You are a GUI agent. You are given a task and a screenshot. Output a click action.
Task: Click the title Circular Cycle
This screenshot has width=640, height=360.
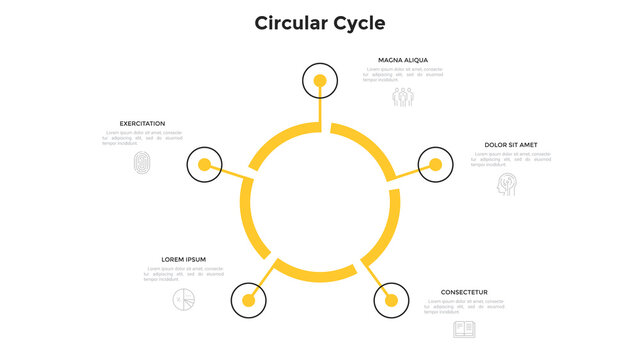point(319,22)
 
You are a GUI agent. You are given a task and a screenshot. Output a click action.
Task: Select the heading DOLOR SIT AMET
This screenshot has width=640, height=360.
point(511,145)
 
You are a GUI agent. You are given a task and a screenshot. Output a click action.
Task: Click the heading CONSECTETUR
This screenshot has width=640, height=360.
point(464,293)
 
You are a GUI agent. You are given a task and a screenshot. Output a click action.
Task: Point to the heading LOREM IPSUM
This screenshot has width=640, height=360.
point(183,259)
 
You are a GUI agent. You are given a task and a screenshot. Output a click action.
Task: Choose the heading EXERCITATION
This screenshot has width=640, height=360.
point(142,124)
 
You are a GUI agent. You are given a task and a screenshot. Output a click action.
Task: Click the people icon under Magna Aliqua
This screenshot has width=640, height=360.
point(402,97)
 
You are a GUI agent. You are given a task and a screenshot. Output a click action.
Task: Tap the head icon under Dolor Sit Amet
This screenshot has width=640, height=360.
point(509,185)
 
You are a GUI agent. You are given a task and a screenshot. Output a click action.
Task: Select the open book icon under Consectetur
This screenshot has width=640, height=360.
point(463,328)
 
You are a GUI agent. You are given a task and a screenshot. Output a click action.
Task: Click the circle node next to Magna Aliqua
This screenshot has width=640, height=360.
point(320,80)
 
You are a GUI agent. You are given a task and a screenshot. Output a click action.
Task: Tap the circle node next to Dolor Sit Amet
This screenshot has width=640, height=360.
point(436,164)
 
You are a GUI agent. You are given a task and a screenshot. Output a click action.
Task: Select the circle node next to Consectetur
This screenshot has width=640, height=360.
point(391,299)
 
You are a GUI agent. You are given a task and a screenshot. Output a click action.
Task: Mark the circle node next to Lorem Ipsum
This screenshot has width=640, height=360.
point(249,299)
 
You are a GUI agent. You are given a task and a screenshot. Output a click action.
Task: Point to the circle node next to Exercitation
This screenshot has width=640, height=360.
point(205,164)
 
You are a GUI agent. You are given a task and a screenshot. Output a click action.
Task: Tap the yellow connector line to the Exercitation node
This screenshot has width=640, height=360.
point(236,175)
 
